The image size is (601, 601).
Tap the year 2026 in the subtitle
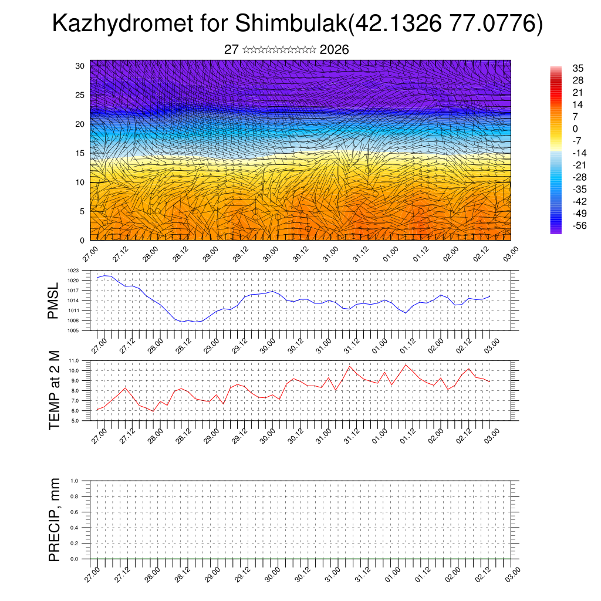click(x=335, y=50)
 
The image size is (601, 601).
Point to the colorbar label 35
click(x=578, y=69)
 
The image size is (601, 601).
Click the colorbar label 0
click(x=575, y=129)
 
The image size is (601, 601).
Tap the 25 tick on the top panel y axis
click(x=80, y=95)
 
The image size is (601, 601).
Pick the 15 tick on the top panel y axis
click(x=80, y=153)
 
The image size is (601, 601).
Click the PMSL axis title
click(x=54, y=301)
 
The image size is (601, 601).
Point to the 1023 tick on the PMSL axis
click(x=73, y=271)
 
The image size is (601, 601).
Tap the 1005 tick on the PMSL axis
click(x=73, y=330)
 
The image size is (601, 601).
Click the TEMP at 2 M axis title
click(x=54, y=390)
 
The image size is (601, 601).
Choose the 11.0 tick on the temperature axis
click(x=74, y=360)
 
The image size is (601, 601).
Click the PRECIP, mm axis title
click(x=54, y=519)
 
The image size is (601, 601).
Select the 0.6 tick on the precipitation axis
click(x=75, y=512)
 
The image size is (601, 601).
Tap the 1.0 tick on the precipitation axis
click(x=75, y=481)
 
